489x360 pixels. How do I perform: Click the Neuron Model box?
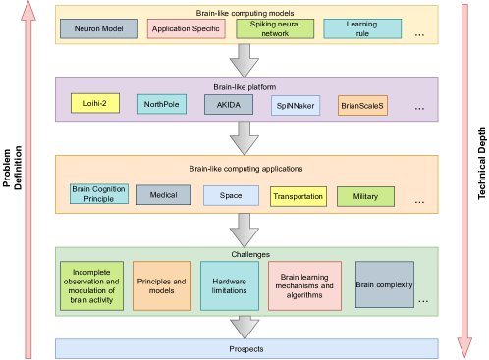coord(99,28)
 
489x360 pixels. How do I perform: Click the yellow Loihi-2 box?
coord(95,103)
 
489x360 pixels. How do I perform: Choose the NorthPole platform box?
coord(162,103)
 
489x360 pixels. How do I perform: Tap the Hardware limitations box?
coord(229,284)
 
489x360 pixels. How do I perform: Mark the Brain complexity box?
coord(384,284)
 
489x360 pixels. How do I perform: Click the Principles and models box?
coord(162,284)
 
